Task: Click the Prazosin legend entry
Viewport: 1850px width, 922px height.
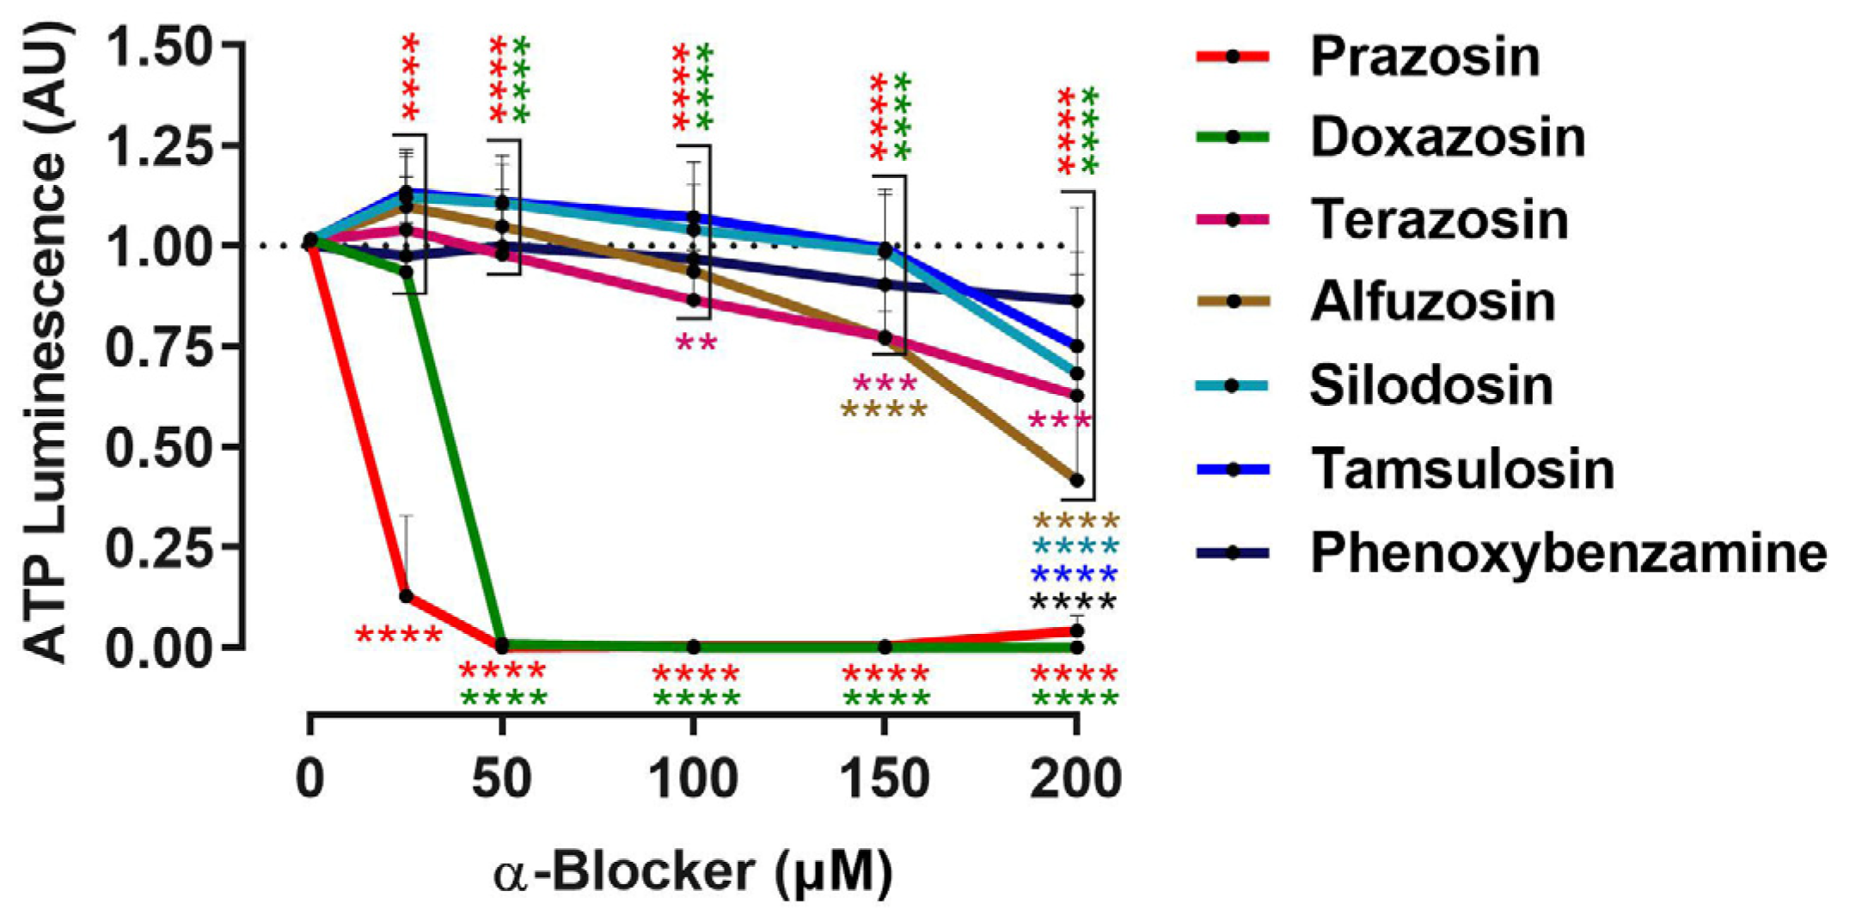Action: pyautogui.click(x=1424, y=57)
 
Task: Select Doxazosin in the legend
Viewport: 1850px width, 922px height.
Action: pyautogui.click(x=1447, y=138)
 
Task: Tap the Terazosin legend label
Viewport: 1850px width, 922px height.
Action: pyautogui.click(x=1438, y=219)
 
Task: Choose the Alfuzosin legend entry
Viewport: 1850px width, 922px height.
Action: pyautogui.click(x=1432, y=302)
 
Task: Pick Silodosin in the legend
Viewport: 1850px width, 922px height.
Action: pyautogui.click(x=1430, y=385)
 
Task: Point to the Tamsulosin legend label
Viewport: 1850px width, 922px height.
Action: pyautogui.click(x=1461, y=469)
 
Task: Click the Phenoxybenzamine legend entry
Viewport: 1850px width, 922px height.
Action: pyautogui.click(x=1567, y=552)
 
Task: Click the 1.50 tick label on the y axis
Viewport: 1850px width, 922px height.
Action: pyautogui.click(x=170, y=46)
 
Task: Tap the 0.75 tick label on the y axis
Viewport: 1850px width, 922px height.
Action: pyautogui.click(x=170, y=347)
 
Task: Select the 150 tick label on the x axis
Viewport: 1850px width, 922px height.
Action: pyautogui.click(x=884, y=779)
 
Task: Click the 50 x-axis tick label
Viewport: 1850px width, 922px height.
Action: pyautogui.click(x=501, y=779)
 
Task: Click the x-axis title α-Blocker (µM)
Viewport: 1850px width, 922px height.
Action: pyautogui.click(x=693, y=872)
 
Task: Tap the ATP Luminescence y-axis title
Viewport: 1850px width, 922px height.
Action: pyautogui.click(x=46, y=344)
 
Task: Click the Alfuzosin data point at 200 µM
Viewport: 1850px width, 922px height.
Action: pyautogui.click(x=1076, y=480)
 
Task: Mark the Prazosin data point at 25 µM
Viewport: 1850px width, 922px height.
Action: pyautogui.click(x=407, y=595)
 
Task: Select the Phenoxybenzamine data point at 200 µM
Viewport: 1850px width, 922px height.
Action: pyautogui.click(x=1076, y=300)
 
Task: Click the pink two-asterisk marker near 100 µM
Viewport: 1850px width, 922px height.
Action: pyautogui.click(x=695, y=343)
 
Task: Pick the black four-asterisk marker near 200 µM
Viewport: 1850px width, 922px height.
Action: pyautogui.click(x=1074, y=601)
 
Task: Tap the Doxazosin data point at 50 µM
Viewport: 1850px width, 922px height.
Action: pyautogui.click(x=502, y=644)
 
